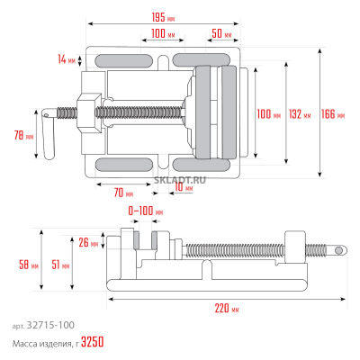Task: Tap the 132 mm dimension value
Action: pos(300,114)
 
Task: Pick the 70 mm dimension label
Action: pos(123,193)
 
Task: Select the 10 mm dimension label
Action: pos(185,189)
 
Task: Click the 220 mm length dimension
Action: pos(228,310)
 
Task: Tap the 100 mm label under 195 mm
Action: pos(163,32)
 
